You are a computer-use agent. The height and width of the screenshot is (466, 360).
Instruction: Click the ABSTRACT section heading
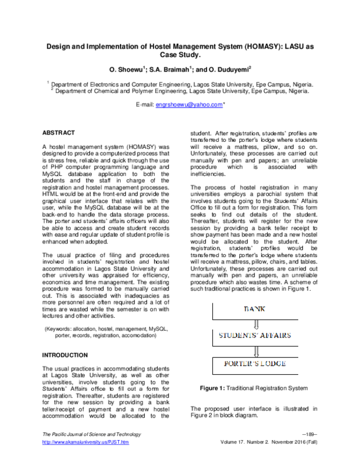[58, 132]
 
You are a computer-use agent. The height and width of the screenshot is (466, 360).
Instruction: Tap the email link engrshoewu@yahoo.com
[189, 105]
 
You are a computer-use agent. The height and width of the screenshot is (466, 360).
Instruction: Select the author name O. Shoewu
[125, 69]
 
